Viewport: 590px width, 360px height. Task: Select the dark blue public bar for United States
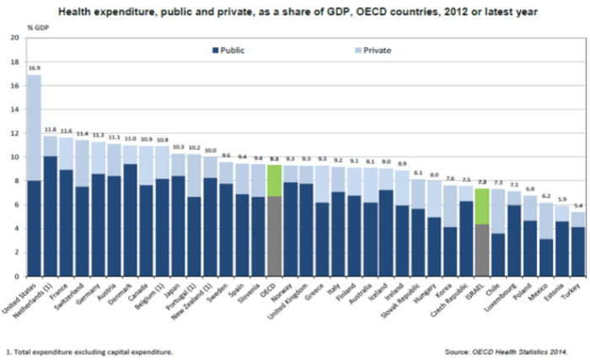[34, 228]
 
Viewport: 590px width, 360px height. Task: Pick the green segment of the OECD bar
[274, 180]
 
